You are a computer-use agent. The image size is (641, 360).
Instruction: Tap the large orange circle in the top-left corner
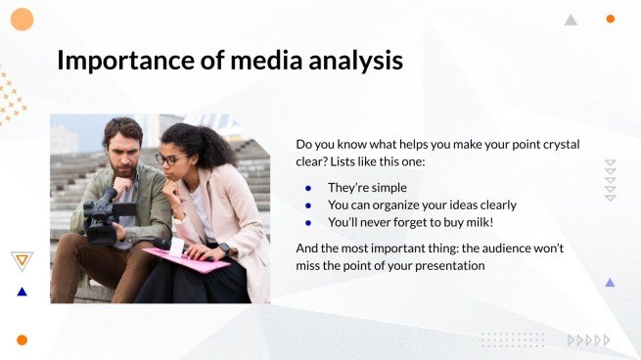[22, 19]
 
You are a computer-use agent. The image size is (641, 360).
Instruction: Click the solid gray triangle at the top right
[571, 20]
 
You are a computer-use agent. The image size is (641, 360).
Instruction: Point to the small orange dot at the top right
[610, 19]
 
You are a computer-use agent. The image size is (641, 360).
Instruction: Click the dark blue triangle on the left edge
[22, 292]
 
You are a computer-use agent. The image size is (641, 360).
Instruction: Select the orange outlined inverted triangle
[22, 259]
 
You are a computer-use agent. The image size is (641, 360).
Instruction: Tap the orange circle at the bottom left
[22, 339]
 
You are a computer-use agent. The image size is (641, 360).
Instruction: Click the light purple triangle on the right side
[610, 283]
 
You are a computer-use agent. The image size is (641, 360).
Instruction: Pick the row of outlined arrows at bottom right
[588, 339]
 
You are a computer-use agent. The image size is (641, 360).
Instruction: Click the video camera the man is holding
[101, 216]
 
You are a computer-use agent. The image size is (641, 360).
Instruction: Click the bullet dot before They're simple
[308, 188]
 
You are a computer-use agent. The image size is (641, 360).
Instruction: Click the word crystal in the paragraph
[554, 144]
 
